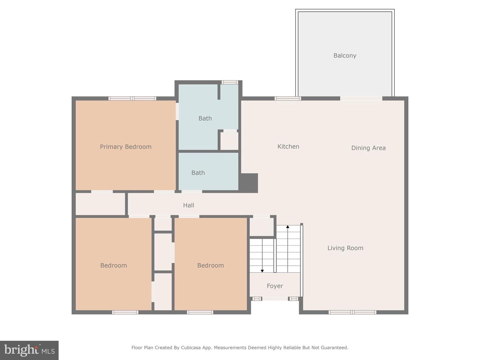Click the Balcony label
[x=345, y=56]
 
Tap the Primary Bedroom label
[x=126, y=147]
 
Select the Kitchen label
[x=288, y=146]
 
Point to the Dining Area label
[x=368, y=148]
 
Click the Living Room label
[x=345, y=248]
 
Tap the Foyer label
[x=275, y=286]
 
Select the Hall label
[x=189, y=205]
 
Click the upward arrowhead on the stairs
[x=288, y=227]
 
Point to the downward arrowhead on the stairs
[x=262, y=271]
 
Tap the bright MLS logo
[x=29, y=350]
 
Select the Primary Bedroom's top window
[x=132, y=98]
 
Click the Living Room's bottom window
[x=352, y=312]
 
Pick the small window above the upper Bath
[x=230, y=82]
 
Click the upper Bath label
[x=205, y=118]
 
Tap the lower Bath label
[x=198, y=173]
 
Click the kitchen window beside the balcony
[x=288, y=98]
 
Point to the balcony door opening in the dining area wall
[x=361, y=98]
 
